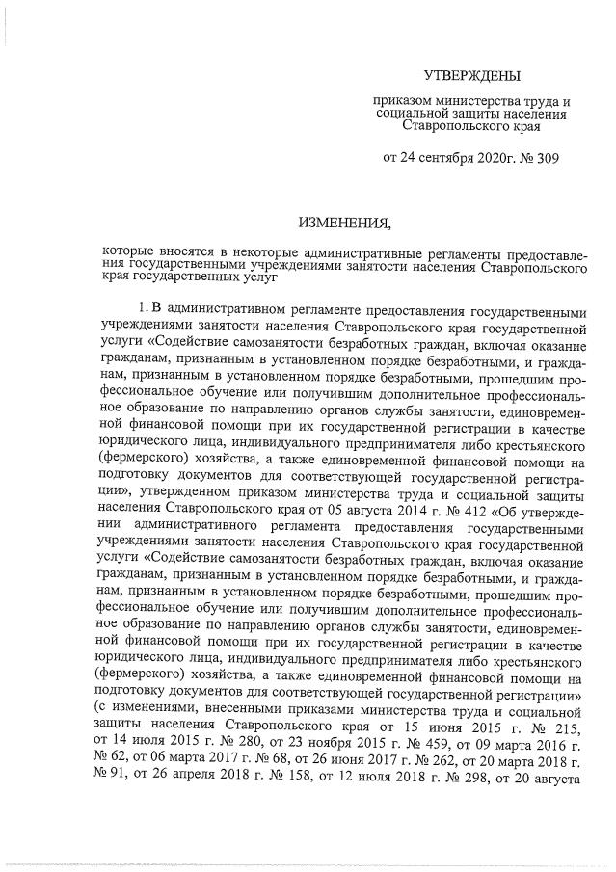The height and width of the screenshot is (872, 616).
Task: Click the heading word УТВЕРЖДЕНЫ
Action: click(x=471, y=75)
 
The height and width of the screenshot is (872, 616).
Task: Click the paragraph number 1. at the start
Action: click(x=144, y=307)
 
